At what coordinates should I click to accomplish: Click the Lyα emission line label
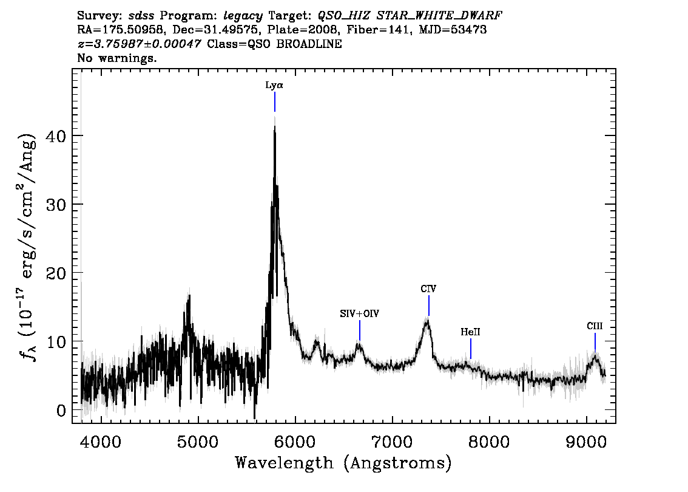(274, 85)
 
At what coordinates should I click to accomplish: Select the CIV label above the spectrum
(428, 289)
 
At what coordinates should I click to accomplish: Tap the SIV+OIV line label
(359, 313)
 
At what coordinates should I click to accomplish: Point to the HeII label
(470, 332)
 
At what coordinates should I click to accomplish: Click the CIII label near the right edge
(595, 326)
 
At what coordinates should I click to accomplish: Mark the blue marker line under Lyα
(275, 102)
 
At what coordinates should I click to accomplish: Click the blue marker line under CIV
(429, 306)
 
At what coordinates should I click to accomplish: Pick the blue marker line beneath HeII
(471, 349)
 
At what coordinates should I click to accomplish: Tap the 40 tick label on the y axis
(56, 135)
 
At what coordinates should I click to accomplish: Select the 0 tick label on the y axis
(61, 410)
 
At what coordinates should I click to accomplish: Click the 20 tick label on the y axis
(56, 273)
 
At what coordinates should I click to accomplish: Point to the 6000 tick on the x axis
(295, 442)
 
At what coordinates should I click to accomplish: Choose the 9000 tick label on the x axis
(586, 442)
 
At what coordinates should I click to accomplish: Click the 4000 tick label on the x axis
(101, 442)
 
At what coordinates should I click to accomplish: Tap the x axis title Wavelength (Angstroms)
(343, 463)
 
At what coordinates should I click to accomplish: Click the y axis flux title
(27, 247)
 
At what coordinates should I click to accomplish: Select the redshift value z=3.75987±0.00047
(139, 44)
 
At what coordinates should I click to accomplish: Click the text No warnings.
(116, 58)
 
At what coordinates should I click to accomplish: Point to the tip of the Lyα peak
(275, 126)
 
